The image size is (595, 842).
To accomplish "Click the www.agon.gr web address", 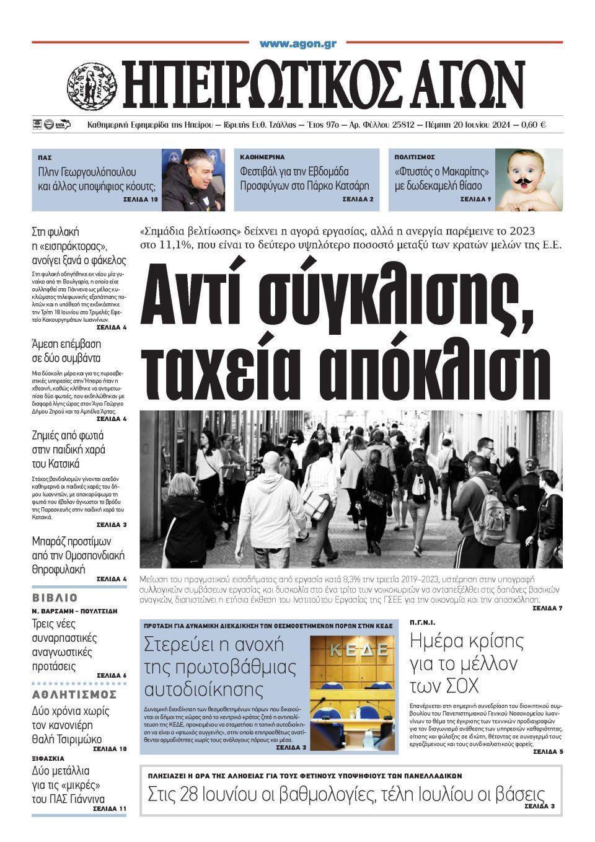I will (297, 43).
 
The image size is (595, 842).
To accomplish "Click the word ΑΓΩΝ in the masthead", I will (465, 84).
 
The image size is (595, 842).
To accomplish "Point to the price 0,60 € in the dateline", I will (534, 125).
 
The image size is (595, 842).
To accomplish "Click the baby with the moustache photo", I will (529, 180).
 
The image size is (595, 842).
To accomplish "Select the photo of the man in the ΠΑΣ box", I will (193, 180).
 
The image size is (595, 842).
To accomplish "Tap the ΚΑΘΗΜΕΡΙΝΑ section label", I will (262, 157).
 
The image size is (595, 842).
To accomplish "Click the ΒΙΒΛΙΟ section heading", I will (55, 598).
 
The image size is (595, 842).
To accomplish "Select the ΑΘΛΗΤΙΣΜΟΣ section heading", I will (74, 694).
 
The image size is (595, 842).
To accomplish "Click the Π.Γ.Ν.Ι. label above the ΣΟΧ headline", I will (422, 622).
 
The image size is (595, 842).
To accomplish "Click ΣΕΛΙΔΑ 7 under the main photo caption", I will (547, 608).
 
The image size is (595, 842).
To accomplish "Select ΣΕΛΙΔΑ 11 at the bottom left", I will (109, 809).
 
